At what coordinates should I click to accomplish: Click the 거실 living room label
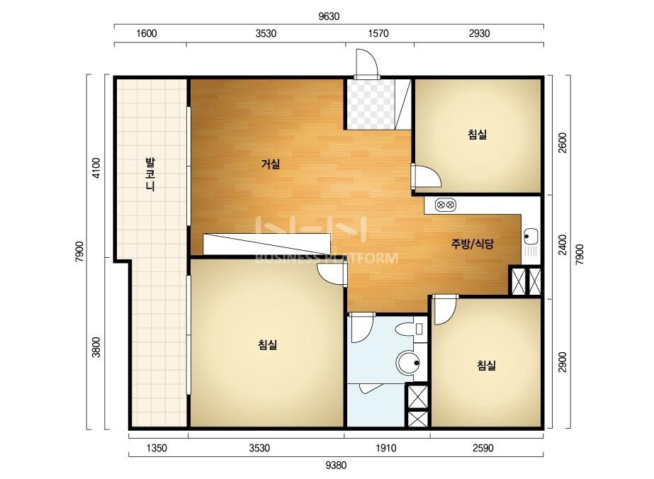270,164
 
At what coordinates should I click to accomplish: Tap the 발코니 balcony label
150,174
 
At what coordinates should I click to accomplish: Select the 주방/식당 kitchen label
473,244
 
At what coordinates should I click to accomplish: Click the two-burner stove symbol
446,205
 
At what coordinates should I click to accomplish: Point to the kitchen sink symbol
531,242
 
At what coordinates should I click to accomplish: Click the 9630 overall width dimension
329,16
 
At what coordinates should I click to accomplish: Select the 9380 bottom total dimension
336,465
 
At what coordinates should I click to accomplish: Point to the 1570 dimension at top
378,33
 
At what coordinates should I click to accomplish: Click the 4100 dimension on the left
96,168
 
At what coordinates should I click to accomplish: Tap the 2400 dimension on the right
563,245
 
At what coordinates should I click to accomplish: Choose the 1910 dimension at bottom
386,448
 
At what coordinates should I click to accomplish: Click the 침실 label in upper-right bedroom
478,135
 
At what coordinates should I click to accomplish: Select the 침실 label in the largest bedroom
268,344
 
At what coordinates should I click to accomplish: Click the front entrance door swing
367,62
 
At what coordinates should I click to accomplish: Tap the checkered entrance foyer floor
371,103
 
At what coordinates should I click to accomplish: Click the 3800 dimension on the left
96,346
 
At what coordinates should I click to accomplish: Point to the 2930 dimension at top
479,33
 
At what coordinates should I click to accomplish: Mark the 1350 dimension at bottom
157,448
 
